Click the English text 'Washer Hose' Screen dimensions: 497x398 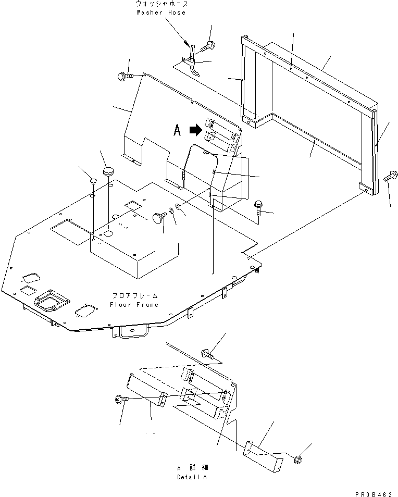(x=160, y=12)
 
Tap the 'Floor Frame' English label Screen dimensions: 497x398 (x=133, y=304)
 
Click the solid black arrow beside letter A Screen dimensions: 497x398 (x=195, y=129)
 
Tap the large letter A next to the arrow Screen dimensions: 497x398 (x=177, y=130)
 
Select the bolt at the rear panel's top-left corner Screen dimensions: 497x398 (x=123, y=77)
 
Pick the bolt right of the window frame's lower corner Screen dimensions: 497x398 (x=390, y=178)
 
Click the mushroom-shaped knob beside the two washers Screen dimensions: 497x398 (x=158, y=218)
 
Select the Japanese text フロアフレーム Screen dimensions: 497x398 (x=133, y=295)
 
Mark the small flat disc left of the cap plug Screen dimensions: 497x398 (x=92, y=181)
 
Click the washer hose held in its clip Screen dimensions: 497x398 (x=192, y=57)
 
